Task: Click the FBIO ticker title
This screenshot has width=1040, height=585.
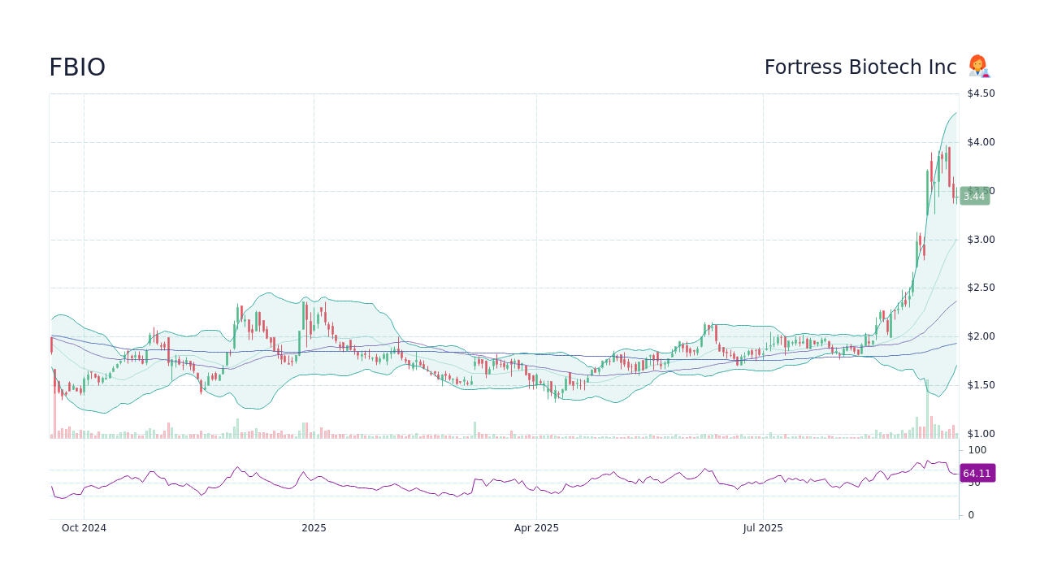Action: pyautogui.click(x=77, y=67)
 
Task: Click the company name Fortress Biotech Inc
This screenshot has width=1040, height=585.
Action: pyautogui.click(x=860, y=67)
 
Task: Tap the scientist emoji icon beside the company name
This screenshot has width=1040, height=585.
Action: pyautogui.click(x=978, y=67)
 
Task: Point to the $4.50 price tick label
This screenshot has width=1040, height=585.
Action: pyautogui.click(x=981, y=93)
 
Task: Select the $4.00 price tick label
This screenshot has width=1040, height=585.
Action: pyautogui.click(x=981, y=142)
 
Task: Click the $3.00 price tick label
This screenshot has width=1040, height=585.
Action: pyautogui.click(x=981, y=240)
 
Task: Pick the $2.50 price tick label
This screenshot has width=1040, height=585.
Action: pyautogui.click(x=981, y=288)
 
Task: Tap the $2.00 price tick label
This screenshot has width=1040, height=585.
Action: pyautogui.click(x=981, y=336)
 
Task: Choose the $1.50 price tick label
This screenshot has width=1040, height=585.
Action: pyautogui.click(x=981, y=385)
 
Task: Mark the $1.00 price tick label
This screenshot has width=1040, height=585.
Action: pyautogui.click(x=981, y=434)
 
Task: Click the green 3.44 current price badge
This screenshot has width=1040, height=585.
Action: pyautogui.click(x=974, y=197)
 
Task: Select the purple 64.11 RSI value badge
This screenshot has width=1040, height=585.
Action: pyautogui.click(x=977, y=473)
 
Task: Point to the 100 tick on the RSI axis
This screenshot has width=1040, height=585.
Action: pyautogui.click(x=977, y=450)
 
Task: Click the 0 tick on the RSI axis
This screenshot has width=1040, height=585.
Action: pyautogui.click(x=971, y=515)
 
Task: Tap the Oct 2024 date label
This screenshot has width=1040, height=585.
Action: pyautogui.click(x=84, y=528)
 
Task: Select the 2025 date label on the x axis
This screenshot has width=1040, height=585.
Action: pyautogui.click(x=314, y=528)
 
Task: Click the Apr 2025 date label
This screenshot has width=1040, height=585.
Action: pyautogui.click(x=536, y=528)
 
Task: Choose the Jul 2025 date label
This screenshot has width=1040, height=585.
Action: pyautogui.click(x=763, y=528)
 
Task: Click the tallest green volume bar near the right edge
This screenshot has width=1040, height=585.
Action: pyautogui.click(x=927, y=410)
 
